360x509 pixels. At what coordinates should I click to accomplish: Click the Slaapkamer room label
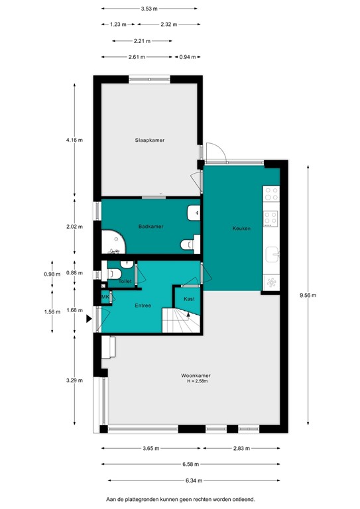(149, 141)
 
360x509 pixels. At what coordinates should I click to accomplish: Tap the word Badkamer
(150, 227)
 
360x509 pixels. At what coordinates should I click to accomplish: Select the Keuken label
(241, 228)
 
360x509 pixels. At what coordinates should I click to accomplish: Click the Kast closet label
(189, 299)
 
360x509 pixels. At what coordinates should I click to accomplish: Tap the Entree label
(143, 306)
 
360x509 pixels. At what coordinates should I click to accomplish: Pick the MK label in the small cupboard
(105, 298)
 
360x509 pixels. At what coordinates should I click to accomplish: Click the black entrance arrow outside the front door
(90, 319)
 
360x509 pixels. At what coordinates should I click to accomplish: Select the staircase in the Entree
(182, 322)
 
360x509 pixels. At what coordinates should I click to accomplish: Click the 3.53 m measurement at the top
(150, 9)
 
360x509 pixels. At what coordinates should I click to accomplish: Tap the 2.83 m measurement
(242, 449)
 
